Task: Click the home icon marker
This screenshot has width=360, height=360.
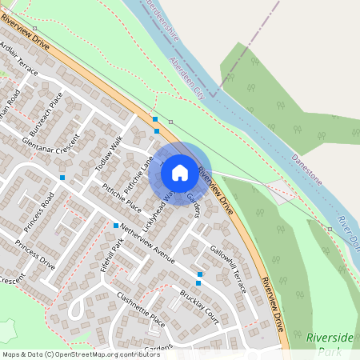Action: point(180,172)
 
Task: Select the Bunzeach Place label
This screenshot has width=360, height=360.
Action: point(45,114)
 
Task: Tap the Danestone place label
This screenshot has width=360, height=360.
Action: point(306,170)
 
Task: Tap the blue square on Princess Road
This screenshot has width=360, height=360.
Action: point(62,177)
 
